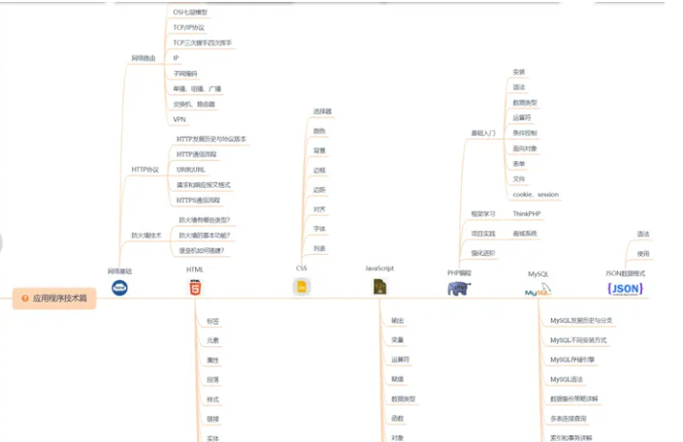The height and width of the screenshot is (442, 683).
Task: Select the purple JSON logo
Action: [x=625, y=288]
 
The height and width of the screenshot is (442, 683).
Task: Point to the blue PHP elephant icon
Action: [x=459, y=288]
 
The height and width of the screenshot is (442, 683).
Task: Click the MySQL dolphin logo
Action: [x=538, y=289]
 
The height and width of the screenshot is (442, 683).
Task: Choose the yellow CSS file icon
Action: [x=302, y=286]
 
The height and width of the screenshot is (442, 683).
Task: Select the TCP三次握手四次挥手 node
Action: [x=202, y=43]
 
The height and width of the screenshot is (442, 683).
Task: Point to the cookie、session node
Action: [x=536, y=194]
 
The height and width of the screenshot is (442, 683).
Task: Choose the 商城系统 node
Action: [x=525, y=234]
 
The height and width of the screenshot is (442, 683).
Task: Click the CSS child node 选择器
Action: [x=322, y=111]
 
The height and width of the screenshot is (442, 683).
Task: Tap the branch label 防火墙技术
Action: [x=146, y=235]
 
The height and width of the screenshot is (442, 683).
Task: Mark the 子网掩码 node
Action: [x=184, y=73]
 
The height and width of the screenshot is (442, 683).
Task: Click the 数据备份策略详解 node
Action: [x=574, y=398]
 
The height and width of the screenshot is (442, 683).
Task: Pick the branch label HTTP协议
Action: [x=146, y=170]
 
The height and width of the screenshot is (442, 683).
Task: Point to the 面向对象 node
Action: [x=525, y=148]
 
